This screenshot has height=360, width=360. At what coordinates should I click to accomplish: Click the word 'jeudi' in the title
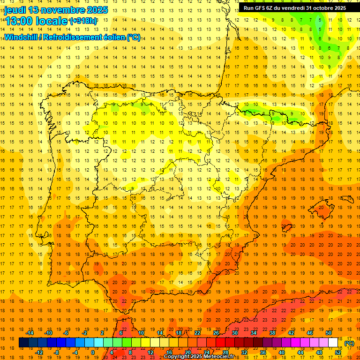click(x=15, y=10)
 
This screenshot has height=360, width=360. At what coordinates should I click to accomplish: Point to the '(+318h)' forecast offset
click(x=83, y=21)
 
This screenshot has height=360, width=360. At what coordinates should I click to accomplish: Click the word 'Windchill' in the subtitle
click(x=21, y=37)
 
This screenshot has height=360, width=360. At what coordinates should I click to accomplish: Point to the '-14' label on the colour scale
click(x=30, y=333)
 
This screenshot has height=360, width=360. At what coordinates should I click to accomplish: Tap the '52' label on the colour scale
click(x=338, y=352)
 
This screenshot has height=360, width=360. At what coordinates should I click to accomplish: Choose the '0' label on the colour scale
click(x=93, y=352)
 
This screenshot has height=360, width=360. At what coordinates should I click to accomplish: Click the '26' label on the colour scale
click(x=216, y=333)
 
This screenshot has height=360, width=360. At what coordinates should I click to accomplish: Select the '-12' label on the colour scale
click(x=39, y=352)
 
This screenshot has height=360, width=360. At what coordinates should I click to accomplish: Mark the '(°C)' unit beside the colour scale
click(x=349, y=343)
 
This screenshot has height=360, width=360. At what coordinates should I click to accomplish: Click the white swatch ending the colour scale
click(x=333, y=343)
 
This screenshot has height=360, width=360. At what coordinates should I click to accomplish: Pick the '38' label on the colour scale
click(x=272, y=333)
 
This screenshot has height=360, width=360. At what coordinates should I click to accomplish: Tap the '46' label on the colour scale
click(x=310, y=333)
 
